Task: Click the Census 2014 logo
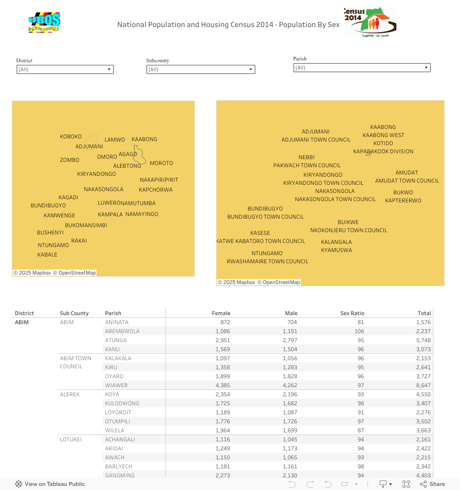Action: click(370, 22)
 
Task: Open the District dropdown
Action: click(65, 69)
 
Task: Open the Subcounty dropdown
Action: click(201, 69)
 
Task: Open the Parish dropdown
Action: click(362, 68)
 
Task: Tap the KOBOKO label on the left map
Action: click(71, 137)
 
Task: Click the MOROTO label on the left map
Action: click(161, 163)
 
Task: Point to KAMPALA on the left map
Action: click(110, 215)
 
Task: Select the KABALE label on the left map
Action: click(47, 255)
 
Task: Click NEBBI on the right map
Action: click(306, 157)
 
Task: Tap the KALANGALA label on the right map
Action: click(336, 242)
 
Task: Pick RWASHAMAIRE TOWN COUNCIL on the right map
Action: click(267, 261)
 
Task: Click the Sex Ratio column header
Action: click(352, 313)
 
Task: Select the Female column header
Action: click(221, 313)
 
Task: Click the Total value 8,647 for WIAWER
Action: click(423, 385)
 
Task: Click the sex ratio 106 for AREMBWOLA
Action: click(359, 331)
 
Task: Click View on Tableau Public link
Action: click(50, 484)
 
